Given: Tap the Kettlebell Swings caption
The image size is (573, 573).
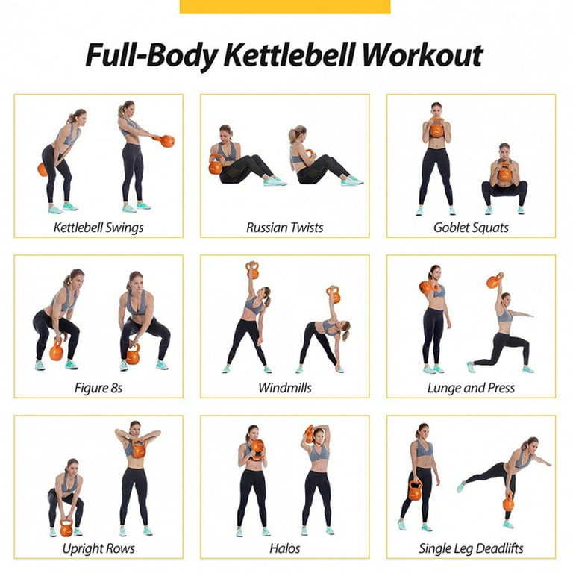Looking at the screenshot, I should pos(98,227).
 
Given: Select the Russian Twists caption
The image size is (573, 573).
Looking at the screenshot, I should pos(285,227).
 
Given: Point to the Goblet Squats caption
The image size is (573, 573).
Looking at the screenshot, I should pos(471,227).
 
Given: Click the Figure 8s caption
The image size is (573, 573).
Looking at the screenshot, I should pos(98,387).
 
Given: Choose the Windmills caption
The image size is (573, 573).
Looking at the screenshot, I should pos(285,387).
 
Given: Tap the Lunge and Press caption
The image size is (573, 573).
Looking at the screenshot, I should pos(471,387).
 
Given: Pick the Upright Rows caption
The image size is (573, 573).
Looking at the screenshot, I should pos(98,548).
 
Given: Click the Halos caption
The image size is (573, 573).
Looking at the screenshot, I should pos(285,548).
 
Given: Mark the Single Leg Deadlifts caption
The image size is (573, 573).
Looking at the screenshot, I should pos(471,548).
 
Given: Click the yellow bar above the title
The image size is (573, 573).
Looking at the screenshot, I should pos(285,6).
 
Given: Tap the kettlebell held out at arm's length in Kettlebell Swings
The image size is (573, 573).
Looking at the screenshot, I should pos(167,140).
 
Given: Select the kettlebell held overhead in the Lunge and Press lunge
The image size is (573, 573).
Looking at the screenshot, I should pos(495,281).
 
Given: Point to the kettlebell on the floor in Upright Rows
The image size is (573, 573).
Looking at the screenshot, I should pos(66,529).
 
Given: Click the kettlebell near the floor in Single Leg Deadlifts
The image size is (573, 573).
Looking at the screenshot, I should pos(508,504).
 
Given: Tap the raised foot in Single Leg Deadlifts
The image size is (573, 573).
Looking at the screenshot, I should pos(461,484).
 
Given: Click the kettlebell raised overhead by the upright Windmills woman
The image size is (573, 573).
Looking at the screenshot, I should pos(252,270).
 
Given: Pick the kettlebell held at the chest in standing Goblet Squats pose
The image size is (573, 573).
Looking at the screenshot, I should pos(436,129).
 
